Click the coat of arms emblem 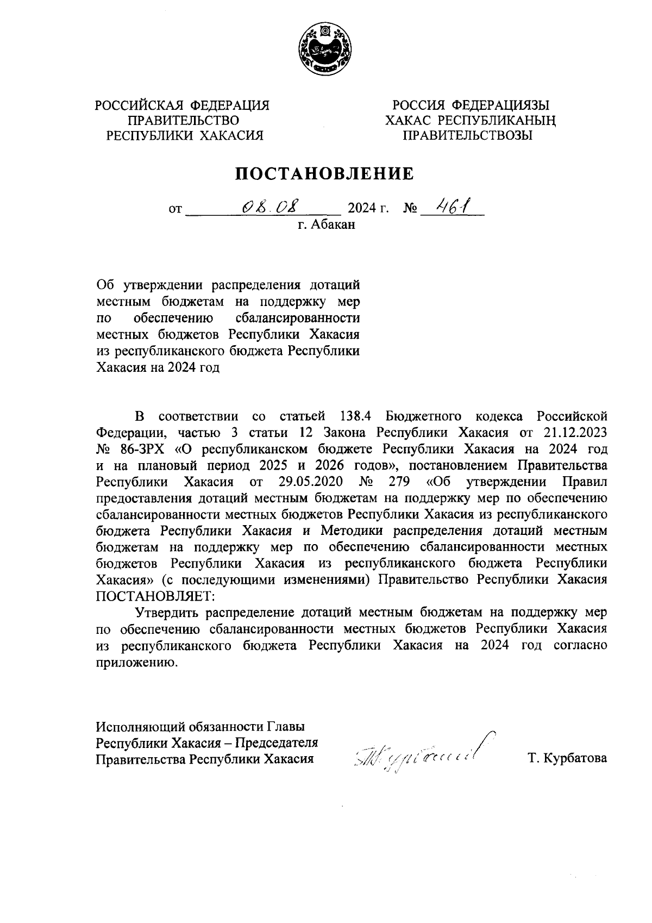point(325,52)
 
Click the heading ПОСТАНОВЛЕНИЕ point(324,173)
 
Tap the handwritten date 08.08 point(271,207)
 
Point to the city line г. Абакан point(326,224)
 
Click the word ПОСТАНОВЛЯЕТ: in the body point(156,596)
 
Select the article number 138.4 point(355,416)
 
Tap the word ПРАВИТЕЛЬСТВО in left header point(183,120)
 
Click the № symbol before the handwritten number point(409,208)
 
